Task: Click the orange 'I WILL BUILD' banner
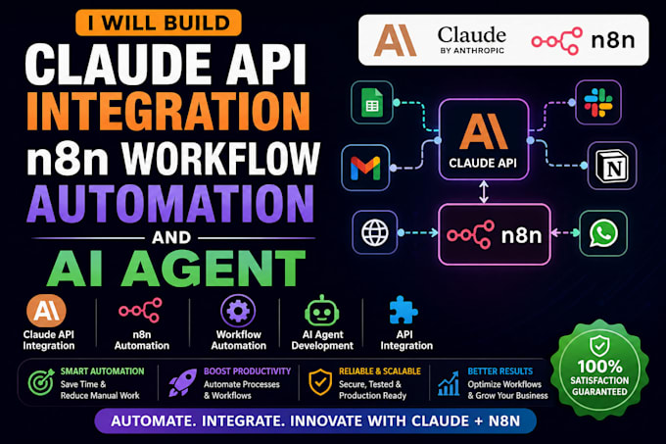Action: pyautogui.click(x=159, y=23)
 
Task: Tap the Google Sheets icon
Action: pyautogui.click(x=372, y=102)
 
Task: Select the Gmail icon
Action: pyautogui.click(x=365, y=168)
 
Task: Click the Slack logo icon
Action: pyautogui.click(x=598, y=102)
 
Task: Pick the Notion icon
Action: pyautogui.click(x=611, y=166)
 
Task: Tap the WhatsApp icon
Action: pyautogui.click(x=603, y=233)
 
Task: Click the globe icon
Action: pyautogui.click(x=374, y=233)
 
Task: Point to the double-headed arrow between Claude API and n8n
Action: pyautogui.click(x=484, y=192)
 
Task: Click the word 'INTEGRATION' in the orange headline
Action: pyautogui.click(x=168, y=112)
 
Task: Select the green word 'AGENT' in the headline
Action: pyautogui.click(x=214, y=269)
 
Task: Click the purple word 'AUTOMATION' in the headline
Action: pyautogui.click(x=170, y=204)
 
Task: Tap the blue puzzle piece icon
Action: pyautogui.click(x=404, y=310)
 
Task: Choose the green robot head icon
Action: pyautogui.click(x=321, y=312)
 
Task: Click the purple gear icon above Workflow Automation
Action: pyautogui.click(x=238, y=311)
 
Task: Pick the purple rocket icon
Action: pyautogui.click(x=183, y=382)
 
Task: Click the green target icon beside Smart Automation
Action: pyautogui.click(x=41, y=382)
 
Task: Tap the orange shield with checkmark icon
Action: pyautogui.click(x=320, y=382)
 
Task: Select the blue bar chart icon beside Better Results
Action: pyautogui.click(x=449, y=383)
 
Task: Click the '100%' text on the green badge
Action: pyautogui.click(x=599, y=367)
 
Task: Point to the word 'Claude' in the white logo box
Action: pyautogui.click(x=472, y=35)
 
